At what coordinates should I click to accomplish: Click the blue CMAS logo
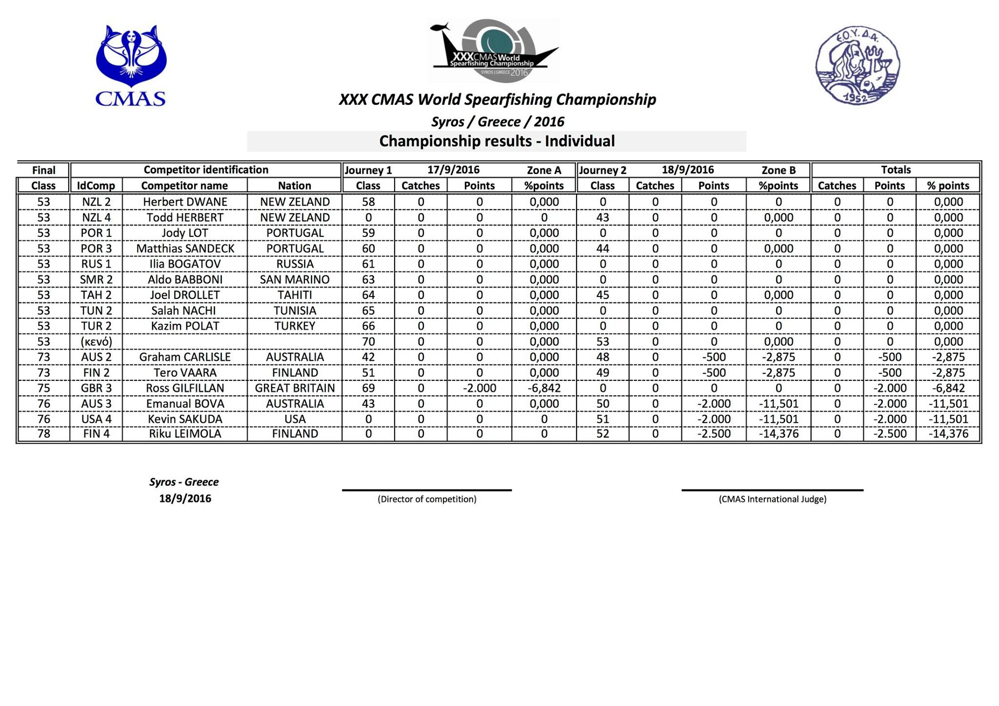click(131, 65)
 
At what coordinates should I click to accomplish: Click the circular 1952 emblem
click(857, 65)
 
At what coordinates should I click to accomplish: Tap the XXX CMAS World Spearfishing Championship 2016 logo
click(493, 51)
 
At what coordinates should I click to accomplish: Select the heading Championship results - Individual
click(497, 141)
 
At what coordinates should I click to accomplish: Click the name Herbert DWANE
click(185, 202)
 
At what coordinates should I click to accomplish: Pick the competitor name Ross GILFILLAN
click(185, 388)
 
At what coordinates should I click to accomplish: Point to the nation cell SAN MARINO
click(295, 279)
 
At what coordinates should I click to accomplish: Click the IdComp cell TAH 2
click(96, 295)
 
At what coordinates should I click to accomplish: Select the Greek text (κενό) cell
click(96, 342)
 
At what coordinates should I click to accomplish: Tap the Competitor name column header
click(184, 186)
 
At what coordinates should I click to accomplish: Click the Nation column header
click(295, 186)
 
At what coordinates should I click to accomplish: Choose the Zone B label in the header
click(779, 170)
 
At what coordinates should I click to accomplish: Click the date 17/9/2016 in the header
click(453, 170)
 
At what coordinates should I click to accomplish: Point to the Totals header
click(896, 170)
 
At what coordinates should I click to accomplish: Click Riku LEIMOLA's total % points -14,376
click(948, 434)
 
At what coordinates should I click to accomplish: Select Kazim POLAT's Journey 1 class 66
click(368, 326)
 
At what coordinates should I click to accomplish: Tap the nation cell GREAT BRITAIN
click(295, 388)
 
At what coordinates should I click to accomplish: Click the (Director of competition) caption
click(427, 499)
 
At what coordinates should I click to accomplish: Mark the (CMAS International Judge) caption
click(772, 499)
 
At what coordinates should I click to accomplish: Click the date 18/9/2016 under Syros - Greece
click(185, 499)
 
